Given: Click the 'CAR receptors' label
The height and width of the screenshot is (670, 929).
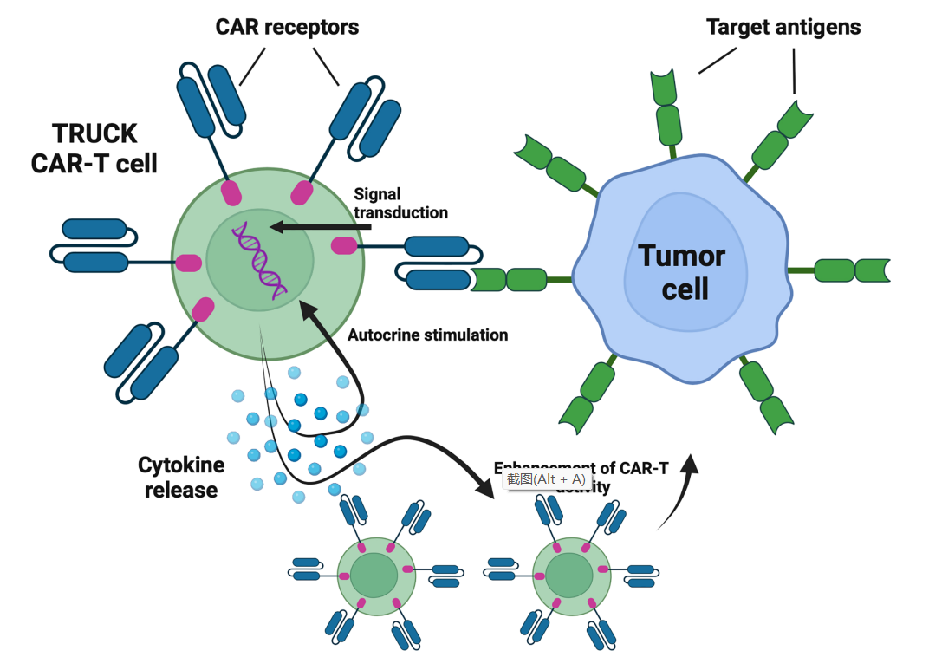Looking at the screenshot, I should click(x=287, y=28).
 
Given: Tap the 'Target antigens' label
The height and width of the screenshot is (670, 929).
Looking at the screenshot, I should click(x=783, y=27).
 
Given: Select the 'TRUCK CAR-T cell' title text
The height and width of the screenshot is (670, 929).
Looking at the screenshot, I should click(x=94, y=148).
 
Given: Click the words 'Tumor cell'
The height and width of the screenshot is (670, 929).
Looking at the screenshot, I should click(x=682, y=271).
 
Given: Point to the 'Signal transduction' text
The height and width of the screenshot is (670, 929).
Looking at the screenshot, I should click(x=400, y=204).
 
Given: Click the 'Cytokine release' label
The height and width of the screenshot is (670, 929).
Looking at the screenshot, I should click(x=181, y=478).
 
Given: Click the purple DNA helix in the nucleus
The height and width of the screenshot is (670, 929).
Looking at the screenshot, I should click(x=259, y=259).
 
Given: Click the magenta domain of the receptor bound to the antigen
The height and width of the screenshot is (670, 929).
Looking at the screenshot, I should click(x=344, y=246).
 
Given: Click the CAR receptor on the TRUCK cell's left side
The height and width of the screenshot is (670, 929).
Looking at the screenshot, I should click(x=93, y=244).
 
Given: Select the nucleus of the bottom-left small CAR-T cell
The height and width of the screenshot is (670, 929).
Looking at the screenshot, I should click(x=374, y=576).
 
